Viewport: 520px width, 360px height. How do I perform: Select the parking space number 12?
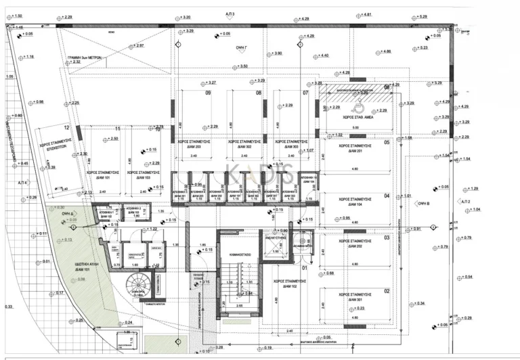66,127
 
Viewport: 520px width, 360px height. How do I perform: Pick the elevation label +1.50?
18,15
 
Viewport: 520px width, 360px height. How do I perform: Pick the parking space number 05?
387,142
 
